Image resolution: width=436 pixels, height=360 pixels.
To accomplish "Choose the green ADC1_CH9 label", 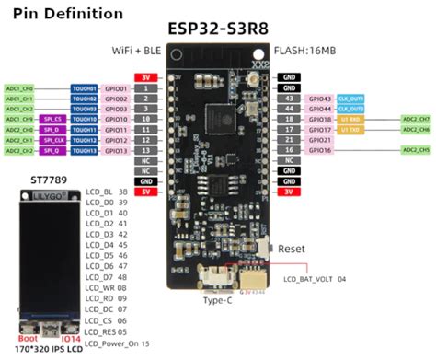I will [19, 119].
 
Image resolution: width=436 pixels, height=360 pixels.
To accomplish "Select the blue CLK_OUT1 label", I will [350, 98].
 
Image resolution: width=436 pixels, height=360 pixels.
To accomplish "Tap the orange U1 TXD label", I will [350, 130].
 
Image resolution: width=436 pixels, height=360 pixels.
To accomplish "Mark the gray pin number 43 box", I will [288, 98].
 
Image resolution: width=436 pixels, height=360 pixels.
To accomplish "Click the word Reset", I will [292, 249].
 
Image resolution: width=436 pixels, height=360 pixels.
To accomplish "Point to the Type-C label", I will [217, 300].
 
